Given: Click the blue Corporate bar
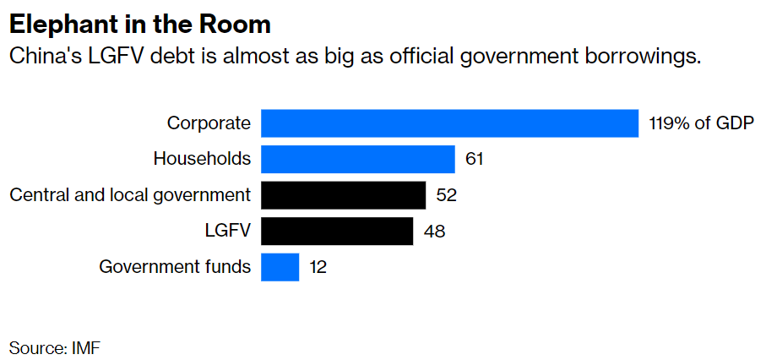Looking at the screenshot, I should pos(449,123).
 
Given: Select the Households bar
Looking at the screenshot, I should pos(358,159).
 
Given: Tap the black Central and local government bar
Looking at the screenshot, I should pos(343,195).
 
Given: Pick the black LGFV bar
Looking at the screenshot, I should pos(337,231).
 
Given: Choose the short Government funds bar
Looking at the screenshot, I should pos(280,267).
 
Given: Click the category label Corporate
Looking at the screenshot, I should pos(209,123).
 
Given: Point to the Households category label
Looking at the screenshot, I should pos(202,159).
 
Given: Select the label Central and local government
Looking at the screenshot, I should pos(130,195).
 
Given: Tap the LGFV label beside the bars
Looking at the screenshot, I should pos(228,231).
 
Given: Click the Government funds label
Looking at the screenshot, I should pos(175,267).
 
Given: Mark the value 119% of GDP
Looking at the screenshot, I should pos(701,123).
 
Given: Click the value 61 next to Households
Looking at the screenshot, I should pos(474,159).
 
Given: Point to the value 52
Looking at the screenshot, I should pos(446,195).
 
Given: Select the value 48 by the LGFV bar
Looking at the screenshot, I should pos(434,231).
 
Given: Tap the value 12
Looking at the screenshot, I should pos(318,267).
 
